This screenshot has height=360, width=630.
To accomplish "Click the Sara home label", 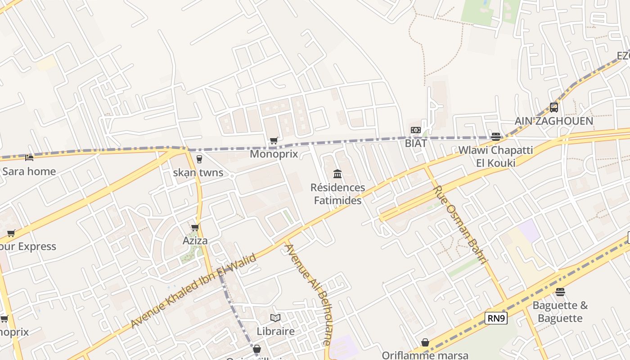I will click(x=29, y=171).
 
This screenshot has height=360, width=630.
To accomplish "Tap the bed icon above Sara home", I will click(x=29, y=158).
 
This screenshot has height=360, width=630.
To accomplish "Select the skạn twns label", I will click(x=198, y=173).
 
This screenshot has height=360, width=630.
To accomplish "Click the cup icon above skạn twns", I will click(x=199, y=159).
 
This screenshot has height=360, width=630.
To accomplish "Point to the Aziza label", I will click(x=195, y=241).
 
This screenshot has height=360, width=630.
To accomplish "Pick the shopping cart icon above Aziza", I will click(x=195, y=228).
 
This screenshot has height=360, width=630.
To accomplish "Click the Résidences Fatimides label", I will click(x=337, y=194).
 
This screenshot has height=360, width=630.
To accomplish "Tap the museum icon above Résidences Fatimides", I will click(x=337, y=174).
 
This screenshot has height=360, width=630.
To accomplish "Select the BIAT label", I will click(x=416, y=144).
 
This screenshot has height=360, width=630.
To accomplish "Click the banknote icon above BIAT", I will click(x=416, y=130).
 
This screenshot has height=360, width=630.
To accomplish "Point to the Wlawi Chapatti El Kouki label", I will click(x=495, y=156).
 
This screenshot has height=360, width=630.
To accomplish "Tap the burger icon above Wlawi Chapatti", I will click(x=496, y=136).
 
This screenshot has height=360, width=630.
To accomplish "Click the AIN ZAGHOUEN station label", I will click(x=554, y=121).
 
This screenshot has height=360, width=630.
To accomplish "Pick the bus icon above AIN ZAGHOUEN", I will click(x=554, y=108).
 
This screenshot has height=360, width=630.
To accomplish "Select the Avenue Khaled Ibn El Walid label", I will click(x=193, y=291).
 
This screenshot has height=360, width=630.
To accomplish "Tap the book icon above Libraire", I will click(x=275, y=318).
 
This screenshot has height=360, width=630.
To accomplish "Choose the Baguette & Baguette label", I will click(x=560, y=312).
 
